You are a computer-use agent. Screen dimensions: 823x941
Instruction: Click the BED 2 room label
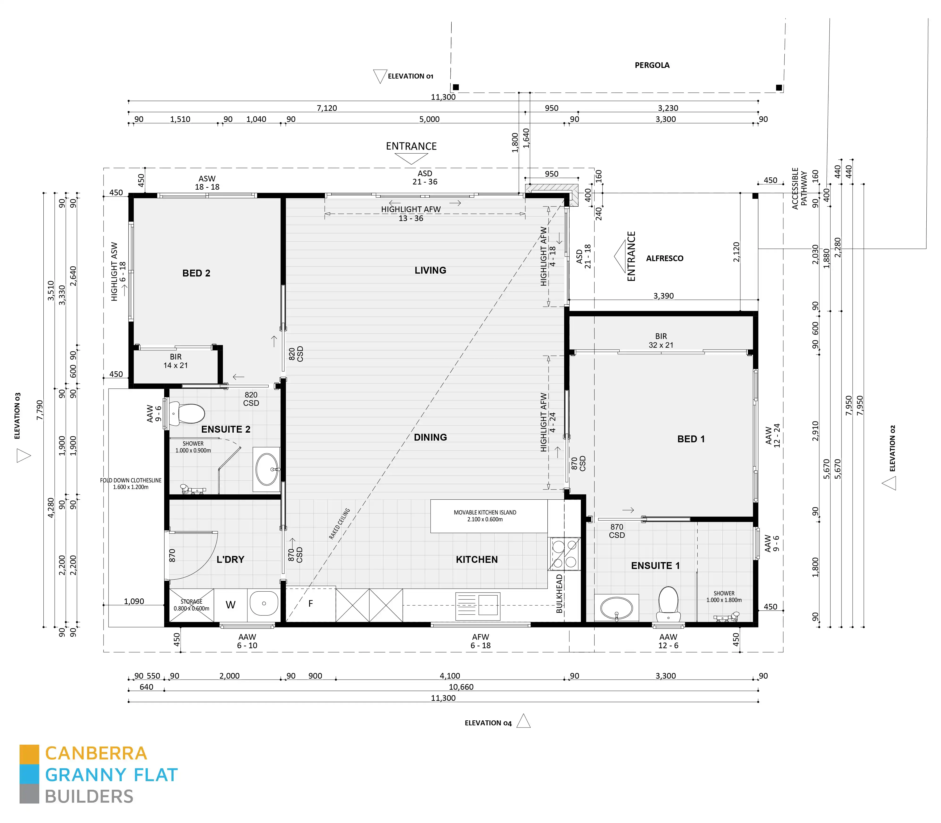tap(196, 273)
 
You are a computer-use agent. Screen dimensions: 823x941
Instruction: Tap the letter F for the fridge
tap(310, 603)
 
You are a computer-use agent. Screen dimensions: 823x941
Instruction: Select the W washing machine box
tap(231, 605)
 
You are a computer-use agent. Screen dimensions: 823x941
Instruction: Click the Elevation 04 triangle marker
tap(524, 722)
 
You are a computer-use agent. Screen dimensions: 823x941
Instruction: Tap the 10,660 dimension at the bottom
tap(461, 687)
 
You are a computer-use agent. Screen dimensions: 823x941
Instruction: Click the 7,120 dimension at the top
tap(327, 108)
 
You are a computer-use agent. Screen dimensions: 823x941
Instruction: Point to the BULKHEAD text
tap(559, 593)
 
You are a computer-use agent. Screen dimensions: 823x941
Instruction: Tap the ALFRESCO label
tap(665, 259)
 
